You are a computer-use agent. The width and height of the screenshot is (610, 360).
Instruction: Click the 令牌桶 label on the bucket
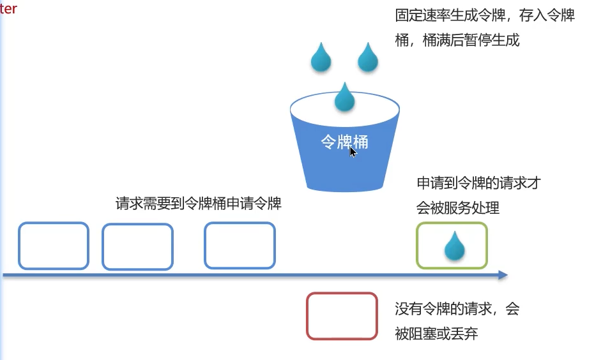344,142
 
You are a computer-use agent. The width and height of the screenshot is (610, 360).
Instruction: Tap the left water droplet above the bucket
321,57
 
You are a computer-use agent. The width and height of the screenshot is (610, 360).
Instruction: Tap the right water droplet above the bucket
368,57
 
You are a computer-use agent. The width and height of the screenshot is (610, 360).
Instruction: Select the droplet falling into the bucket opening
345,98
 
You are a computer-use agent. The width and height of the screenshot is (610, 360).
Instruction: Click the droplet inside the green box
455,246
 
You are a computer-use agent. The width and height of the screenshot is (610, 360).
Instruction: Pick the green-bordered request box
452,245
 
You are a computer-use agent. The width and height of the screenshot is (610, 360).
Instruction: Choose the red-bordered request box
342,315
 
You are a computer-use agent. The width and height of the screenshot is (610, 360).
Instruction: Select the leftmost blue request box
53,246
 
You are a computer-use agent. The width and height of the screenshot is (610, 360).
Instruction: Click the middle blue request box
137,246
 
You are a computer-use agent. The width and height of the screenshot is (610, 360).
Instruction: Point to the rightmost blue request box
240,245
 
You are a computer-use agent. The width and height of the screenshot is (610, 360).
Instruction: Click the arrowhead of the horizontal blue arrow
503,275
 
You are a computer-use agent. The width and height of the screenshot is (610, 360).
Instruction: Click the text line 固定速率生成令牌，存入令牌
485,16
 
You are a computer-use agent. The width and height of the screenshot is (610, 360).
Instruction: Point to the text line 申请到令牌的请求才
479,183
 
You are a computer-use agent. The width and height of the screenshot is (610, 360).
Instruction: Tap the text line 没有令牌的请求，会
457,310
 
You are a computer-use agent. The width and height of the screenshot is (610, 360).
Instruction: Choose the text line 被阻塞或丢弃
436,333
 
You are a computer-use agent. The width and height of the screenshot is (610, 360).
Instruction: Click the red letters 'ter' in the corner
9,9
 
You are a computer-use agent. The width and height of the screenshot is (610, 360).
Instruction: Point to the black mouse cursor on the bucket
353,151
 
